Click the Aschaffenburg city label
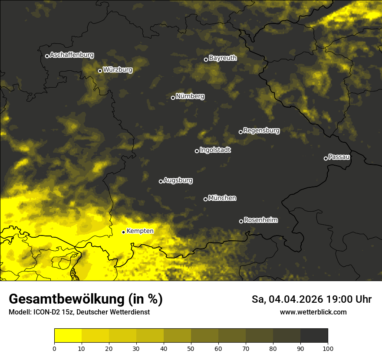point(72,55)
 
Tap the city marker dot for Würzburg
point(100,71)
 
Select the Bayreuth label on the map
point(223,58)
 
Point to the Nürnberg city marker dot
point(173,98)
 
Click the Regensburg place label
point(261,130)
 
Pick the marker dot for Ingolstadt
point(197,151)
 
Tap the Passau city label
point(339,157)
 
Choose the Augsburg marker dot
point(161,181)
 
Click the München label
point(222,198)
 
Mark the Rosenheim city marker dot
point(241,222)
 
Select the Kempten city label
point(140,231)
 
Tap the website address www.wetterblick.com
point(313,312)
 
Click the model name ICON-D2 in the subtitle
point(46,312)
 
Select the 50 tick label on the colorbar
point(191,348)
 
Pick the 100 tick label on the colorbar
point(328,348)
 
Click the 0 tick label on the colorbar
point(54,348)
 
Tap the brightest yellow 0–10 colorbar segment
point(68,336)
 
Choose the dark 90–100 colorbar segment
point(314,336)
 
